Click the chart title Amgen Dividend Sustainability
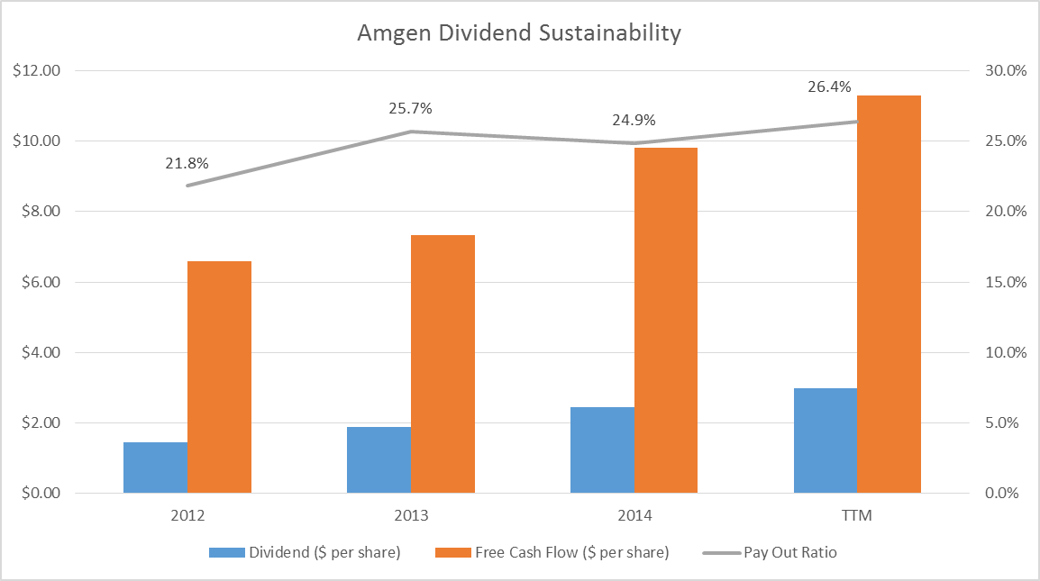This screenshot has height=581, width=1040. point(519,34)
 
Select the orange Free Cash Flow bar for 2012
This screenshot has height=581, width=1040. point(219,377)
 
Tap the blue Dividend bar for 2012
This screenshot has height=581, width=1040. point(155,468)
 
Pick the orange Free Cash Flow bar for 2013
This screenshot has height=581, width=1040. point(442,364)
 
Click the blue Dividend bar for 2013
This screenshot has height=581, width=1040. point(379,459)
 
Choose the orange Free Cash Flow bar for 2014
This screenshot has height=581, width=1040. point(665,320)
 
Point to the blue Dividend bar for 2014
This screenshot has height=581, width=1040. point(602,449)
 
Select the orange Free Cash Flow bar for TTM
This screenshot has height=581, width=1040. point(889,294)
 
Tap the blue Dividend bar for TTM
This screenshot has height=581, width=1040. point(825,440)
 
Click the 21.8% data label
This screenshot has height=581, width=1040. point(187,163)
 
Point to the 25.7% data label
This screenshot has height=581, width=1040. point(411,109)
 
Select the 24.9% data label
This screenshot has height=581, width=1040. point(634,120)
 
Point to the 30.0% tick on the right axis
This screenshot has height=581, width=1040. point(1003,70)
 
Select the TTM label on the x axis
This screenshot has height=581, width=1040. point(857,517)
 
